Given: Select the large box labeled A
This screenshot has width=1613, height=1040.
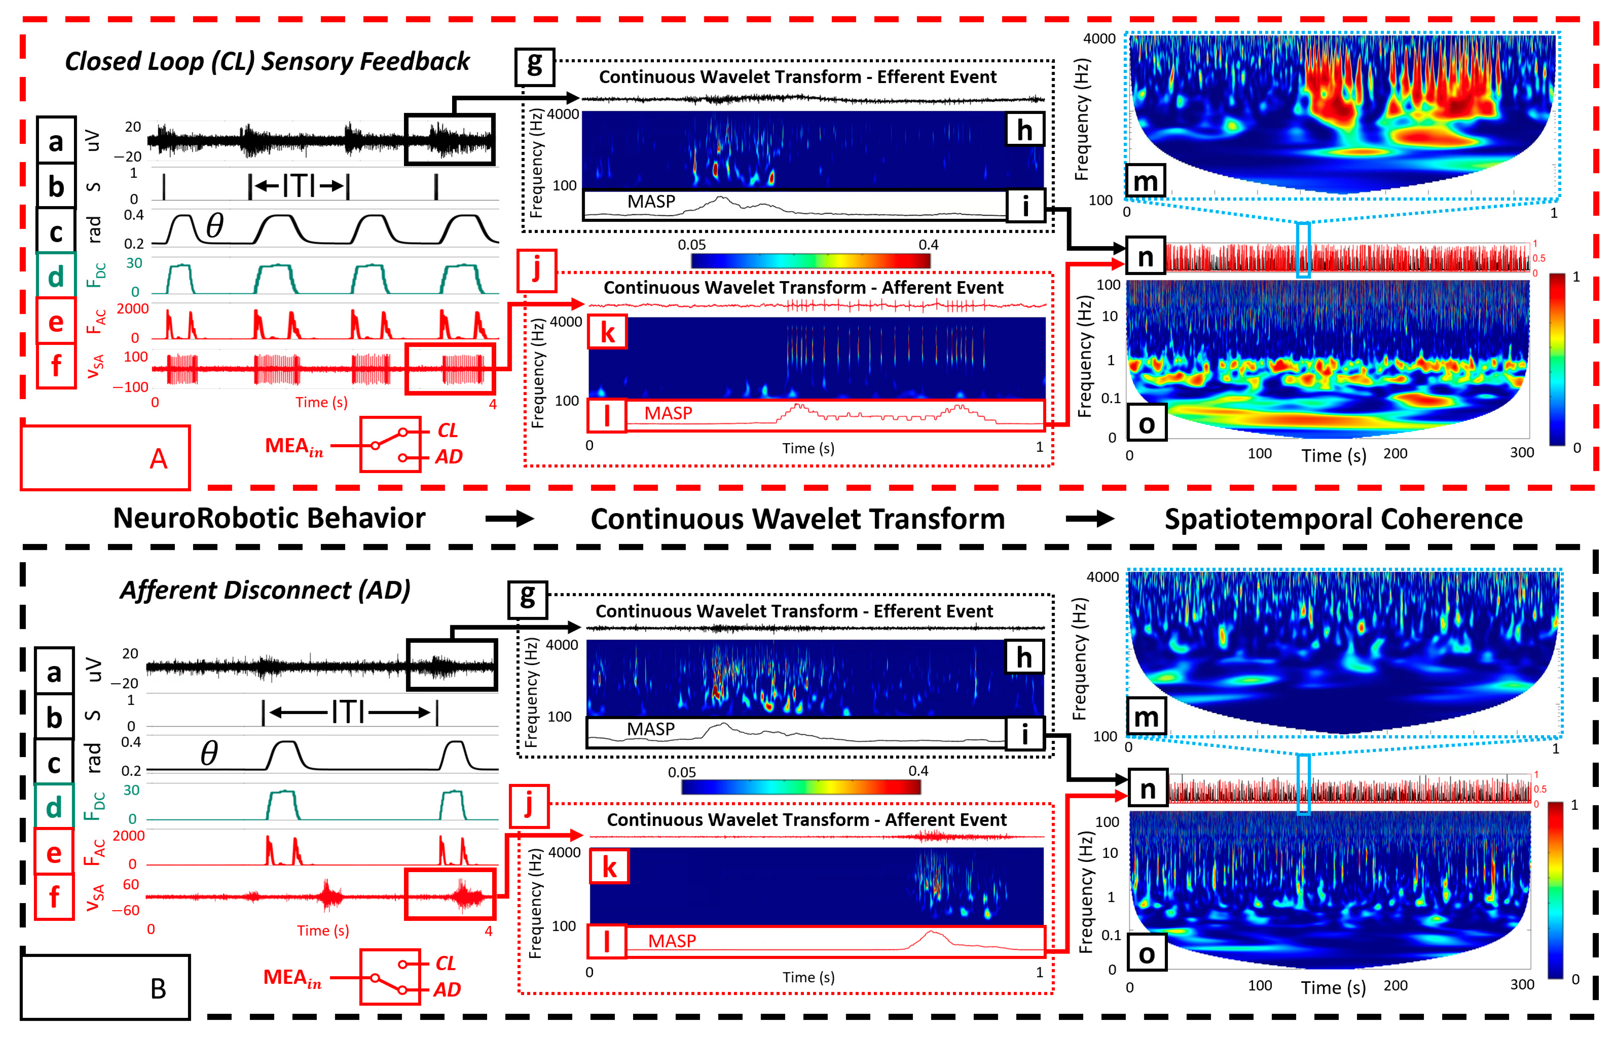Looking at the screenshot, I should click(105, 457).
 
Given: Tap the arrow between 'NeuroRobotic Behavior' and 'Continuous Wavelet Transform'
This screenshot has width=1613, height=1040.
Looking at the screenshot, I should click(510, 519).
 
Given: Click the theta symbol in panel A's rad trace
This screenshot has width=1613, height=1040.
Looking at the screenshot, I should click(215, 225).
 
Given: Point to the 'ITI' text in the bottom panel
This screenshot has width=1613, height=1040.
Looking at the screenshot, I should click(349, 712).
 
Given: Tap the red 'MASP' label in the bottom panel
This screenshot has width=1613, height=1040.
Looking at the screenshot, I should click(672, 941).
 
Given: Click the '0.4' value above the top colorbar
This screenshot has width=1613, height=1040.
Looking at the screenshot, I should click(928, 244).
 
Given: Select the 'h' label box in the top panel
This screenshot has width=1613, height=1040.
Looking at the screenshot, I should click(1024, 130).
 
